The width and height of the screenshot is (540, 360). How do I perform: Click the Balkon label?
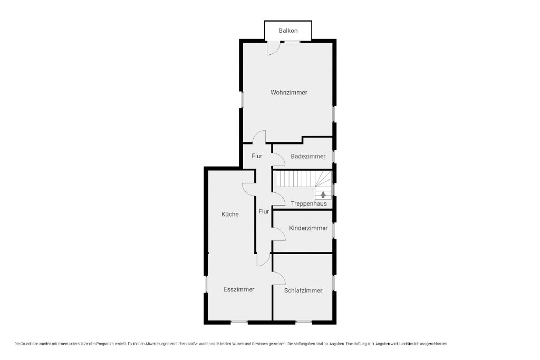click(x=288, y=31)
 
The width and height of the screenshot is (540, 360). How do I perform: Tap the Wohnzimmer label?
click(x=288, y=93)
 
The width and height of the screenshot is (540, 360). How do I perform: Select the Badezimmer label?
click(x=308, y=156)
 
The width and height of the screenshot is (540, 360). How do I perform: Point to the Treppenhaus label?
click(x=308, y=204)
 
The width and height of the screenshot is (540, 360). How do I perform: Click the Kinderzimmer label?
click(x=308, y=228)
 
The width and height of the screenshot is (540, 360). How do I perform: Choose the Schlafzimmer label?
click(x=303, y=290)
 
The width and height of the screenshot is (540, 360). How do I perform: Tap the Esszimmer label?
click(x=239, y=289)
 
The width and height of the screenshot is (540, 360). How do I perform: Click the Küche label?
click(x=230, y=215)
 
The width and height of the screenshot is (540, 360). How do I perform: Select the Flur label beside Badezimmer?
click(x=257, y=156)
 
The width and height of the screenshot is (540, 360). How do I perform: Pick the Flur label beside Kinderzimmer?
click(x=264, y=211)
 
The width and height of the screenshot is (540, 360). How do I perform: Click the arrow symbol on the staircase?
click(x=323, y=195)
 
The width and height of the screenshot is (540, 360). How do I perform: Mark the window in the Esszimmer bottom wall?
click(x=239, y=322)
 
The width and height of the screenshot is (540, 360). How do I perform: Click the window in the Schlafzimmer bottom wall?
click(x=304, y=322)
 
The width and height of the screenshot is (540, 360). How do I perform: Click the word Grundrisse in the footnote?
click(x=30, y=344)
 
